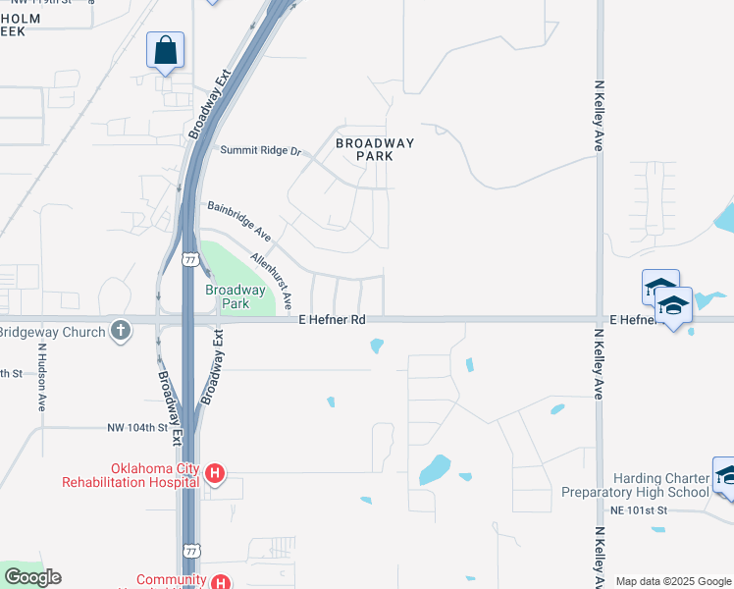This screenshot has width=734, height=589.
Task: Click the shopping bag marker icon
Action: (x=166, y=50)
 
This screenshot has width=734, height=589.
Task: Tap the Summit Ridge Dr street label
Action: (x=260, y=150)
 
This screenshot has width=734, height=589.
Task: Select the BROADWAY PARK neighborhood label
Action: (x=375, y=149)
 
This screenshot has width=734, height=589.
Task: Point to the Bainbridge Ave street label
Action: (x=239, y=222)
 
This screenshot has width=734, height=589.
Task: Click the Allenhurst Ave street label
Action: (x=272, y=280)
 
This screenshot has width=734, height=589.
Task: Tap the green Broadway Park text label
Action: (x=235, y=296)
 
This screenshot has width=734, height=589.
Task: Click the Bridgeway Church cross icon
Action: (x=120, y=330)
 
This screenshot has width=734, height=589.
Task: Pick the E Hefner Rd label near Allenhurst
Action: (x=332, y=320)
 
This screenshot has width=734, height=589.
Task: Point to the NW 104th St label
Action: (x=145, y=428)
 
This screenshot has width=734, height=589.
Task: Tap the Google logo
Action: (x=31, y=577)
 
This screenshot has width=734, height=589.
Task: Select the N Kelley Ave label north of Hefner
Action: (x=598, y=116)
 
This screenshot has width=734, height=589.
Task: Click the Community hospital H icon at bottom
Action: (x=223, y=582)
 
